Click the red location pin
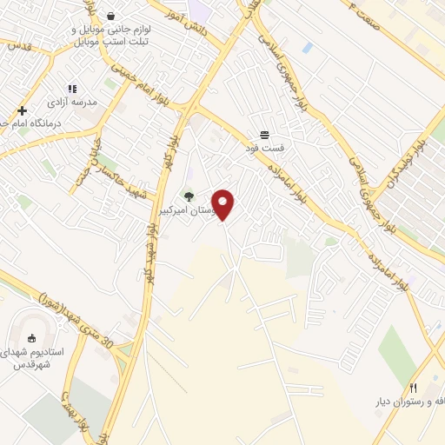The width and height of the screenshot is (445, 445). [x=224, y=203]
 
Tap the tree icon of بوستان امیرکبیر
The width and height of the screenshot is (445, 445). [x=189, y=197]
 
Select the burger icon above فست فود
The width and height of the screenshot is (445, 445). [x=263, y=134]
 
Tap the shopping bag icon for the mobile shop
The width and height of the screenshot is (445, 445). [x=111, y=16]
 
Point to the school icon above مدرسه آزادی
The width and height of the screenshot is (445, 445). [x=73, y=89]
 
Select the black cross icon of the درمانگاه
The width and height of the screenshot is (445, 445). [x=22, y=111]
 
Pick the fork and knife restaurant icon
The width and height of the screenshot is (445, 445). [x=414, y=389]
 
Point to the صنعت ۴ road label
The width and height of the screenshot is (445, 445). [x=341, y=17]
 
